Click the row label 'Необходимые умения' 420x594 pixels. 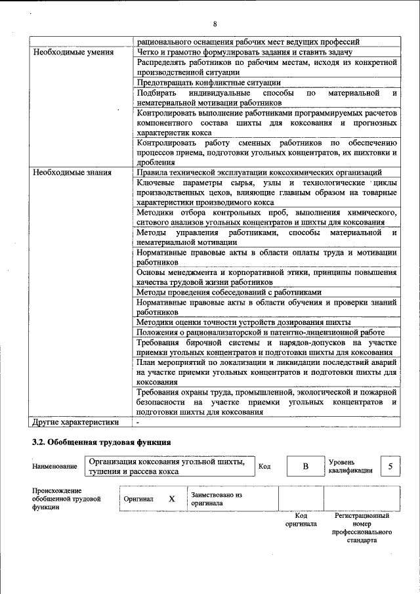[x=73, y=52]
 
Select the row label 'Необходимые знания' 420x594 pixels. [x=72, y=173]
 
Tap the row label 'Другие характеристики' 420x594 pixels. [x=76, y=422]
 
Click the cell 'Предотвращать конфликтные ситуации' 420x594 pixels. [x=209, y=83]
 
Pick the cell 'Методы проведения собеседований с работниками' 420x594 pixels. [x=229, y=292]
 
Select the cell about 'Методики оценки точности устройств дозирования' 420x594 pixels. [x=243, y=322]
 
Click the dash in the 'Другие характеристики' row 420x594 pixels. [x=138, y=422]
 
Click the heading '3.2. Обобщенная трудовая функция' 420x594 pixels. [x=102, y=442]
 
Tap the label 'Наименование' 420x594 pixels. [x=54, y=467]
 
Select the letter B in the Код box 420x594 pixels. [x=305, y=466]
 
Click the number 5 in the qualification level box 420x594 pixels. [x=390, y=466]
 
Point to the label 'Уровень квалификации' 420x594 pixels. [x=350, y=466]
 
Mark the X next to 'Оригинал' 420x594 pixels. [x=172, y=499]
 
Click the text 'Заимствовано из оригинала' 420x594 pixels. [x=217, y=499]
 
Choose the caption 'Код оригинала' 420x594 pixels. [x=301, y=520]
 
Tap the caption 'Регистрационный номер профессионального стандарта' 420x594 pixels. [x=362, y=528]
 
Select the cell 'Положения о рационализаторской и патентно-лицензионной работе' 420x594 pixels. [x=261, y=332]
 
